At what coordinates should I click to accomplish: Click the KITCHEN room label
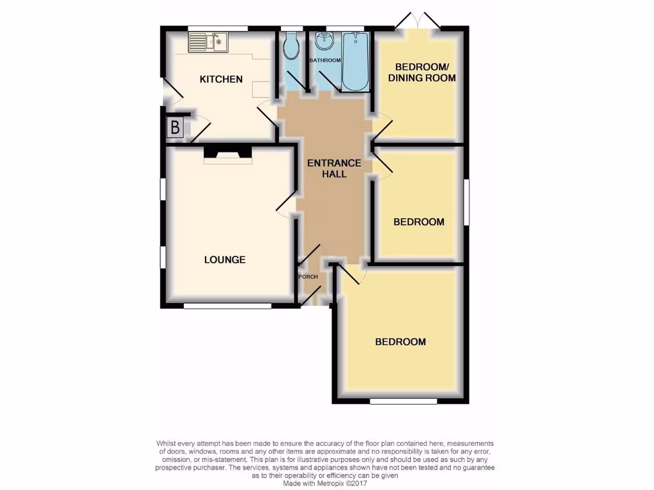coord(221,79)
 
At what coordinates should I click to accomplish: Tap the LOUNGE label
coord(225,260)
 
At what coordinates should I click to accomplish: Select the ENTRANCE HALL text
coord(334,168)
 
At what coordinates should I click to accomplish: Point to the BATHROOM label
coord(325,60)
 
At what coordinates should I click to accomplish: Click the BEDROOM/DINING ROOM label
coord(425,73)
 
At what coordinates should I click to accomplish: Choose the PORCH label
coord(308,277)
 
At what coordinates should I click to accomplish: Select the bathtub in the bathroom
coord(354,61)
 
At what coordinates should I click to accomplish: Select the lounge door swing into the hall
coord(285,207)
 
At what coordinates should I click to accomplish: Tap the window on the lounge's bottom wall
coord(227,306)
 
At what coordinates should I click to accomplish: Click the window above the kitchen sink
coord(218,28)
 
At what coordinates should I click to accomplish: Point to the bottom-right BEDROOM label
coord(400,342)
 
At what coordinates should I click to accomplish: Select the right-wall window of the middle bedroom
coord(466,202)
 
